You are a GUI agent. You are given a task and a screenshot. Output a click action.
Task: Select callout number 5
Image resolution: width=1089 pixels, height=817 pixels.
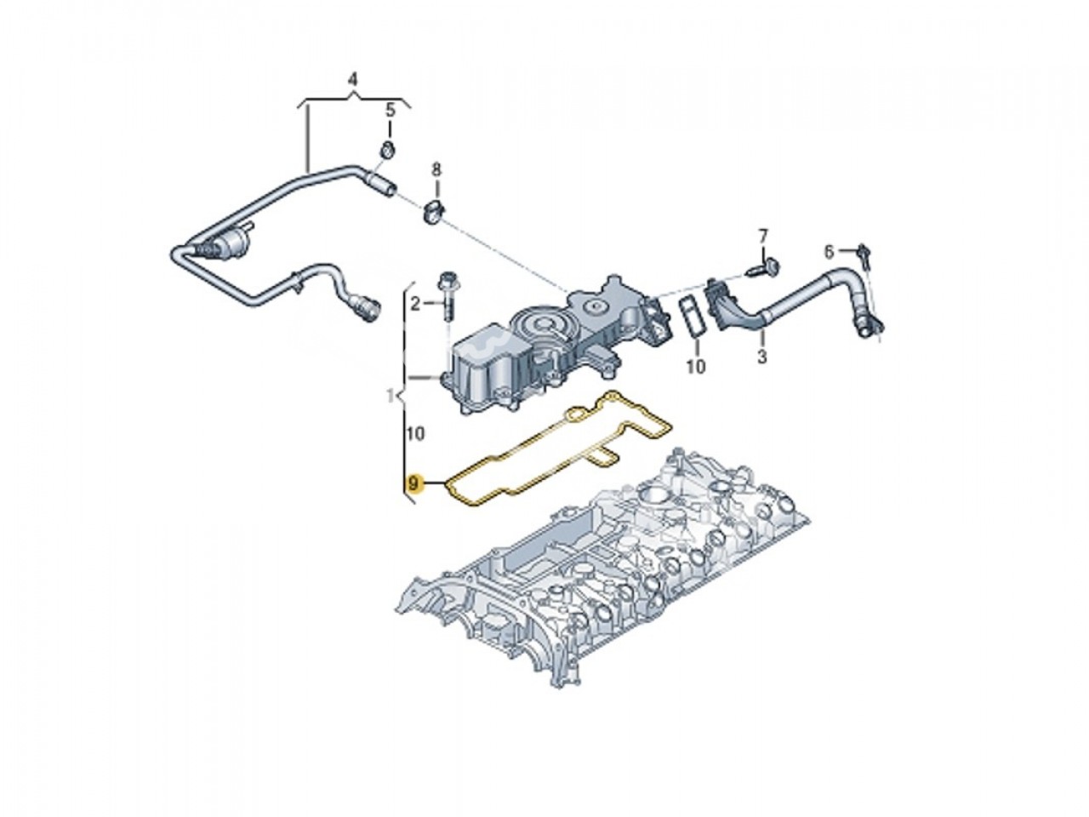tap(391, 110)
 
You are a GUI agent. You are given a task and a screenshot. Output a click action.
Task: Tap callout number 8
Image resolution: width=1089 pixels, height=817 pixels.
tap(437, 169)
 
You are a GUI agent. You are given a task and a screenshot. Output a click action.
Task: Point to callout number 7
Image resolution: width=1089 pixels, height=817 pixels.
tap(763, 234)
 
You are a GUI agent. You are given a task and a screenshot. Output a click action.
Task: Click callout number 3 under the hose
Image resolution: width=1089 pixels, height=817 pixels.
tap(761, 357)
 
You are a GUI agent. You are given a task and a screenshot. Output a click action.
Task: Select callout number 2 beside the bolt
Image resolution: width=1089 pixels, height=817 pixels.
tap(415, 303)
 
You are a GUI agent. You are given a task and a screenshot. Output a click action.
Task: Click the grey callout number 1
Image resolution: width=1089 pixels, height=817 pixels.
tap(390, 395)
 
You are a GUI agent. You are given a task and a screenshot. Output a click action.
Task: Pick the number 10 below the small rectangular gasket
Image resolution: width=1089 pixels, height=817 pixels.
tap(695, 368)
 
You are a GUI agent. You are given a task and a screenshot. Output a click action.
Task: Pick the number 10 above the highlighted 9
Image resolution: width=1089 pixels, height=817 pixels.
tap(415, 434)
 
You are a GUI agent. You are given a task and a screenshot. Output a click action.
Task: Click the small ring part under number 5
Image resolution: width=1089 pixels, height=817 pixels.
tap(386, 152)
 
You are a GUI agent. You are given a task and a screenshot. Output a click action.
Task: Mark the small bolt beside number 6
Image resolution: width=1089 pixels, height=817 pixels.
tap(863, 252)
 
